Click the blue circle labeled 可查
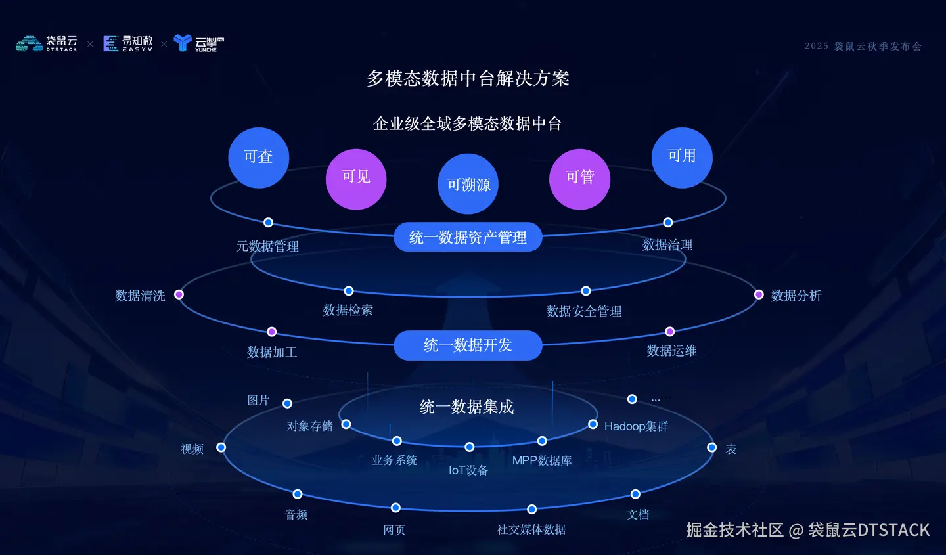[258, 158]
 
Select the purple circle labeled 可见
[356, 179]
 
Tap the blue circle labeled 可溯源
[468, 184]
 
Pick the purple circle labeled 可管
[579, 179]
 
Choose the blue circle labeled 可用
[682, 158]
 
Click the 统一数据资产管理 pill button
[468, 237]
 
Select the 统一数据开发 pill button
[468, 345]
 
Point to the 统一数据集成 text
[466, 407]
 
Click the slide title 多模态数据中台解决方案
[468, 79]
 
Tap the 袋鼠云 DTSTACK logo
[47, 44]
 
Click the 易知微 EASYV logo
[128, 44]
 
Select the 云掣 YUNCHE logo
[198, 44]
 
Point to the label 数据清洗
[140, 296]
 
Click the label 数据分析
[796, 296]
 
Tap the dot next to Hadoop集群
[593, 424]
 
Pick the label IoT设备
[468, 470]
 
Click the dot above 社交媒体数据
[531, 509]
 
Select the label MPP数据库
[542, 461]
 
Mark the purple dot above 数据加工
[271, 332]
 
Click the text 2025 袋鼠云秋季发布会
[863, 47]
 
